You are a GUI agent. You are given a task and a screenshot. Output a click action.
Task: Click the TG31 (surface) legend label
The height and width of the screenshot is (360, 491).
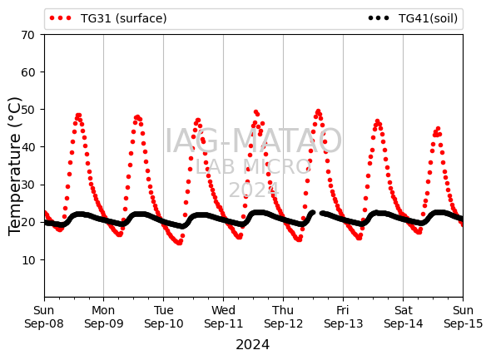[x=123, y=18]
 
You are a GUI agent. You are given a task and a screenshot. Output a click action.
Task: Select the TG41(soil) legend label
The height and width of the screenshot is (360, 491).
[x=428, y=18]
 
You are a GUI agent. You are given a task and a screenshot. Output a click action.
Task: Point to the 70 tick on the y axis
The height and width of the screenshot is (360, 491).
[x=27, y=35]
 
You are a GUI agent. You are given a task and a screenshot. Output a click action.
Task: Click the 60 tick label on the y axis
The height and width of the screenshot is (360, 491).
[x=27, y=72]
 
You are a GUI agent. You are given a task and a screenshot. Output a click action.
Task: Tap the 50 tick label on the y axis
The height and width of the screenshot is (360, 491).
[x=27, y=110]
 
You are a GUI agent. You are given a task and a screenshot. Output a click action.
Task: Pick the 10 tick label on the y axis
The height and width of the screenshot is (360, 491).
[x=27, y=260]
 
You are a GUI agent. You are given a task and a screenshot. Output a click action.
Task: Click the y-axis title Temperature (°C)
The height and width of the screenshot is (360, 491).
[x=15, y=166]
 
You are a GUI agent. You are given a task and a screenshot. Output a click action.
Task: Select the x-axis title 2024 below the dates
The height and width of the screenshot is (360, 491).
[x=252, y=345]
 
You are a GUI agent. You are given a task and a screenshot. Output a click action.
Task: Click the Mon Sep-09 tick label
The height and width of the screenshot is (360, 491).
[x=104, y=317]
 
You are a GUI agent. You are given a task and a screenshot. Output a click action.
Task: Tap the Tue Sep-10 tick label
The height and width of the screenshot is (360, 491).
[x=163, y=317]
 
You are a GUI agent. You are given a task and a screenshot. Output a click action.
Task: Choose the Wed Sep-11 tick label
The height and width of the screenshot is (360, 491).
[x=223, y=317]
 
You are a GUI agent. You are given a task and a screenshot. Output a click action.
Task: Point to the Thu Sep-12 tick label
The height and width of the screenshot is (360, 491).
[x=284, y=317]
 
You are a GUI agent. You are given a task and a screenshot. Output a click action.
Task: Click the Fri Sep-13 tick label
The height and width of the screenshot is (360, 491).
[x=343, y=317]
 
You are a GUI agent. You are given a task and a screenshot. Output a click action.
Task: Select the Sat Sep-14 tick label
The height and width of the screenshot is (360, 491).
[x=404, y=317]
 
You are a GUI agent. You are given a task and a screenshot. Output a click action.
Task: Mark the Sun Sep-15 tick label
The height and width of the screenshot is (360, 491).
[x=464, y=317]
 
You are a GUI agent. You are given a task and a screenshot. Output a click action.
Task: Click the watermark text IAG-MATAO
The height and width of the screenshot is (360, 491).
[x=253, y=141]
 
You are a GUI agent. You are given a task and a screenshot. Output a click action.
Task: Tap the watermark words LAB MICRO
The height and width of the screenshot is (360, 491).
[x=253, y=167]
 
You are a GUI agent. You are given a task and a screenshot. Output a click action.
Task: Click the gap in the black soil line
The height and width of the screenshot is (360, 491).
[x=317, y=213]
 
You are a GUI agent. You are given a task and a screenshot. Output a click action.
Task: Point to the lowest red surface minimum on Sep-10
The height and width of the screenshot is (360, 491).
[x=179, y=243]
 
